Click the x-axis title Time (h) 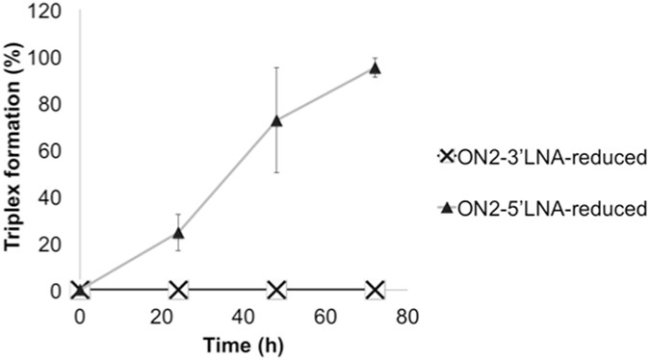241,341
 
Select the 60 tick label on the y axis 54,151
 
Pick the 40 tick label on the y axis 54,197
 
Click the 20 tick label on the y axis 54,244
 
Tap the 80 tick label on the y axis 54,104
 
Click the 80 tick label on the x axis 410,314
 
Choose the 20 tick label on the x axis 163,314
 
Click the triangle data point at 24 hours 178,232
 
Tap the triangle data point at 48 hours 277,120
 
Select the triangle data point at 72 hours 376,67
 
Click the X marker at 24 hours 178,290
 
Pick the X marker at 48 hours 277,290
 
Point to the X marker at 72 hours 376,290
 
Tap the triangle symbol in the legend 446,207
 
